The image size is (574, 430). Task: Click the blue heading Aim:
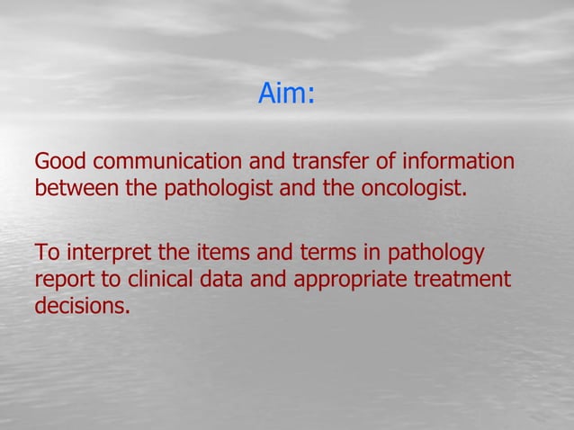286,94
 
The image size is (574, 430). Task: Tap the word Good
60,164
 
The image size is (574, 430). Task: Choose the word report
63,280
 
